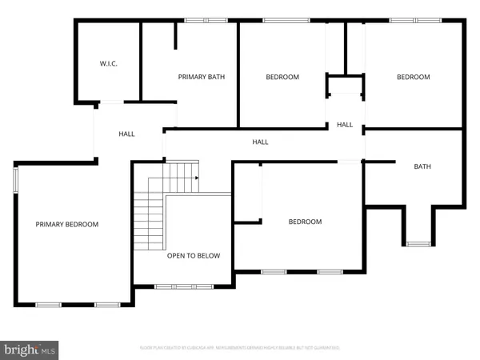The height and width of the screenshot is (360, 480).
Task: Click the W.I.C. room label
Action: coord(109,63)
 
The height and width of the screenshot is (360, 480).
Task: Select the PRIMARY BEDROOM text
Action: coord(67,225)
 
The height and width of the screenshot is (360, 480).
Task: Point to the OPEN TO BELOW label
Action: coord(194,256)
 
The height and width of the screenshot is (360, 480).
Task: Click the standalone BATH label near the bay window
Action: coord(422,166)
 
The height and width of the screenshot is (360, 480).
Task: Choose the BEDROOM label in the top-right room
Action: coord(414,77)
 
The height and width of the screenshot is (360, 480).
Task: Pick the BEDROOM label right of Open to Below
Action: coord(305,222)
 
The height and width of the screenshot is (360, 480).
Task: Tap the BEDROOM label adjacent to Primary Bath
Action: coord(282,77)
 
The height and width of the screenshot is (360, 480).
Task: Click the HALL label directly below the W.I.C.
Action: coord(126,134)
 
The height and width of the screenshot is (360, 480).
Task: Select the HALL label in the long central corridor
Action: coord(260,142)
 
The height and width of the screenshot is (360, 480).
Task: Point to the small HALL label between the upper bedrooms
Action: coord(345,125)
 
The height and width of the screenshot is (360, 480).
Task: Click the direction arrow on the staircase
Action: coord(196,179)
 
